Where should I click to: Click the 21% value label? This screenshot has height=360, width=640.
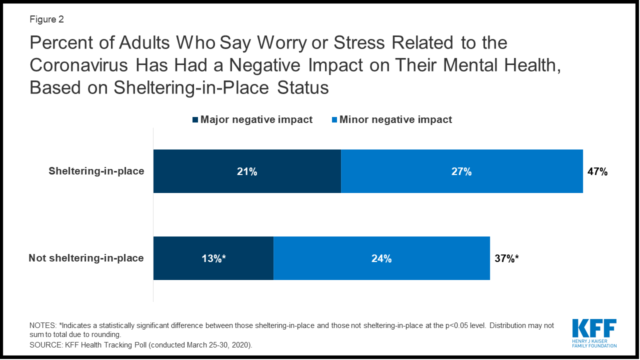click(x=247, y=171)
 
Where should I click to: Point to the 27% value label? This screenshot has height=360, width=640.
click(x=461, y=171)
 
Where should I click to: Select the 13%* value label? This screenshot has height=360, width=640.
click(x=213, y=258)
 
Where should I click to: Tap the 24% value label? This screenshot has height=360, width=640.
click(x=381, y=258)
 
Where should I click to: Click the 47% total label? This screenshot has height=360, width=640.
click(x=597, y=171)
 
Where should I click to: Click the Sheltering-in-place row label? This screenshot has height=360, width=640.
click(x=96, y=171)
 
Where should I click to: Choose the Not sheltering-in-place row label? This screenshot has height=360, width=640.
click(x=86, y=258)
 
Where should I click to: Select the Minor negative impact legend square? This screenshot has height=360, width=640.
click(x=334, y=120)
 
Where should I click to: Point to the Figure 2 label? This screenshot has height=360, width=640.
click(x=46, y=20)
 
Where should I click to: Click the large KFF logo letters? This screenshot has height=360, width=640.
click(x=594, y=329)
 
